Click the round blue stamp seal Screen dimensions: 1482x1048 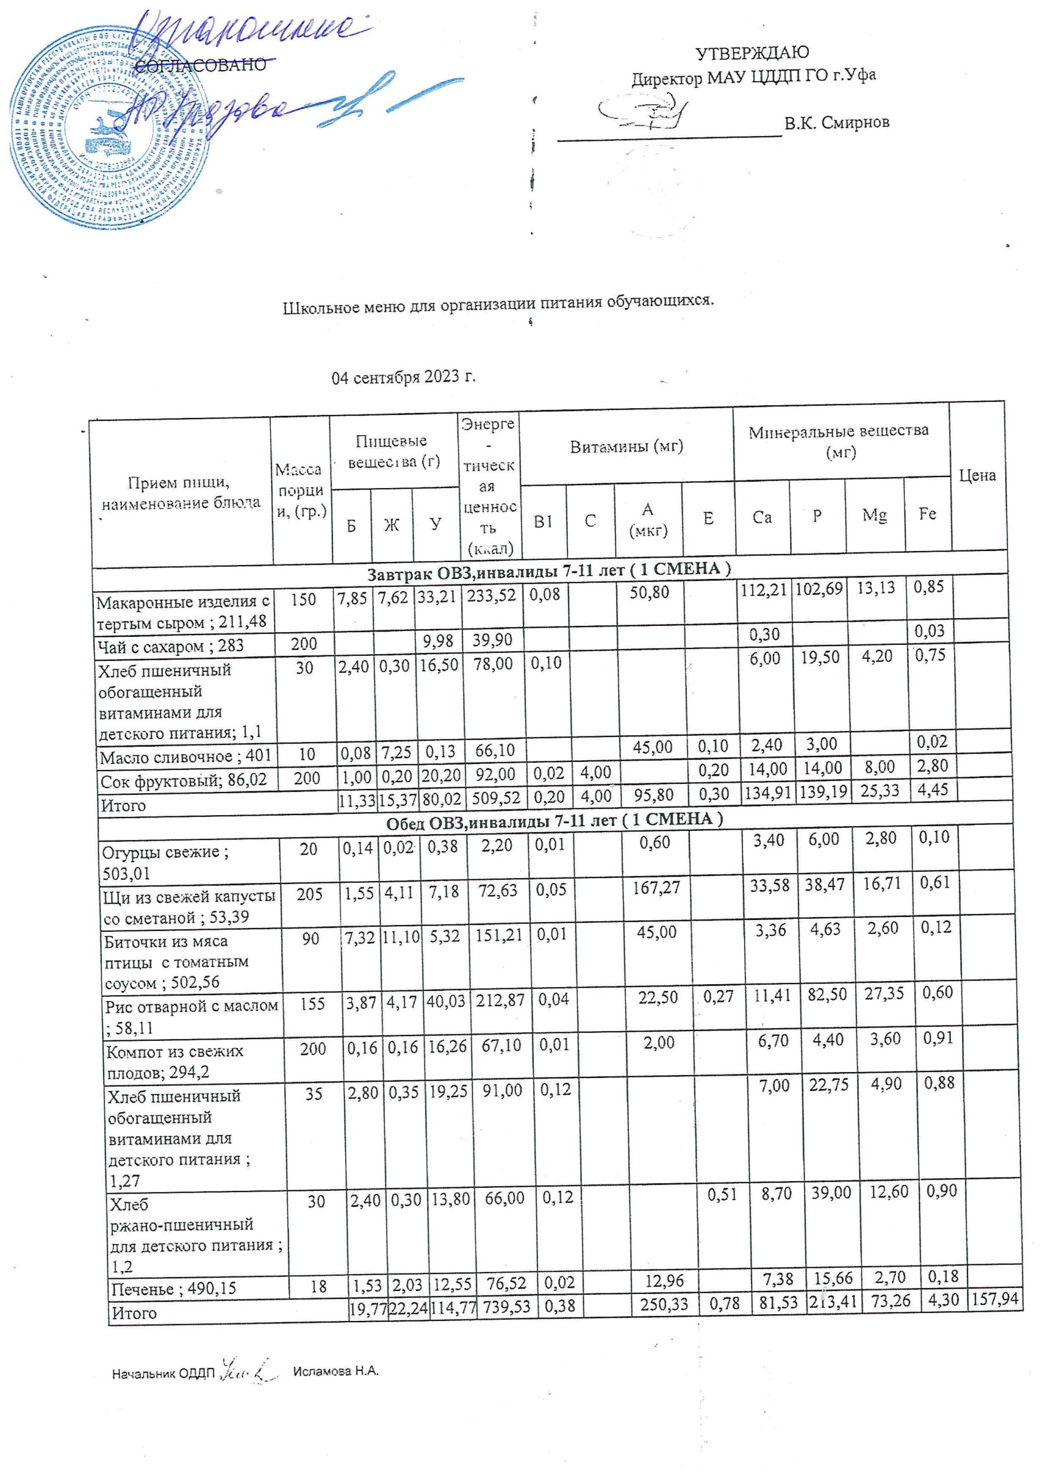pyautogui.click(x=110, y=128)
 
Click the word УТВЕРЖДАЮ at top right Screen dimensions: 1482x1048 pyautogui.click(x=752, y=53)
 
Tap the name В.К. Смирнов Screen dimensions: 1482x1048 pyautogui.click(x=837, y=122)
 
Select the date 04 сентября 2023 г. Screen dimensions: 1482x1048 pyautogui.click(x=404, y=377)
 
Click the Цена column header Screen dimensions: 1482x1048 pyautogui.click(x=977, y=476)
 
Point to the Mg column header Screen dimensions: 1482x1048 pyautogui.click(x=874, y=516)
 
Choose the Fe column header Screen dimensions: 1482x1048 pyautogui.click(x=927, y=514)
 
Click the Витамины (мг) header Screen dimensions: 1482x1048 pyautogui.click(x=626, y=446)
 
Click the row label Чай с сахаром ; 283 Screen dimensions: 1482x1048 pyautogui.click(x=171, y=645)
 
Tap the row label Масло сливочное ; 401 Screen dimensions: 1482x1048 pyautogui.click(x=185, y=756)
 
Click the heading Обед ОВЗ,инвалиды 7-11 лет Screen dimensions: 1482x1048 pyautogui.click(x=554, y=820)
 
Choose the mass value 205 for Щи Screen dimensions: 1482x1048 pyautogui.click(x=310, y=893)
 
